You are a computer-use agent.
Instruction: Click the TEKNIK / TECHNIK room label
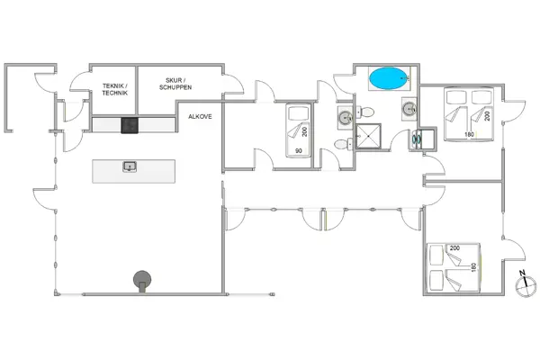(x=114, y=88)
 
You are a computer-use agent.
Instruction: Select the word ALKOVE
(x=200, y=117)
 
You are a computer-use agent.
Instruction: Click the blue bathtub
(x=388, y=79)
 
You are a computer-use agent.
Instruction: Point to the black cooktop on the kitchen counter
(x=130, y=126)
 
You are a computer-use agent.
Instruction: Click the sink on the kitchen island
(x=129, y=166)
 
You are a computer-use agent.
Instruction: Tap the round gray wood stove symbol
(x=142, y=281)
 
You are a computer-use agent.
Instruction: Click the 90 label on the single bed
(x=297, y=150)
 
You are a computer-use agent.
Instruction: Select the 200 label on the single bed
(x=305, y=132)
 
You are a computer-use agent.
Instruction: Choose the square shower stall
(x=368, y=137)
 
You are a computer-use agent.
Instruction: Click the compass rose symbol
(x=521, y=286)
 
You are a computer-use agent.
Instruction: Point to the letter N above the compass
(x=521, y=272)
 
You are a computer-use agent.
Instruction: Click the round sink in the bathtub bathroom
(x=409, y=109)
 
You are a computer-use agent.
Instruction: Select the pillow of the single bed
(x=297, y=115)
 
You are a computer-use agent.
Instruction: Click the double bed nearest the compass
(x=455, y=267)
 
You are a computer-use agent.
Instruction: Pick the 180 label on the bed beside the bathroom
(x=468, y=135)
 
